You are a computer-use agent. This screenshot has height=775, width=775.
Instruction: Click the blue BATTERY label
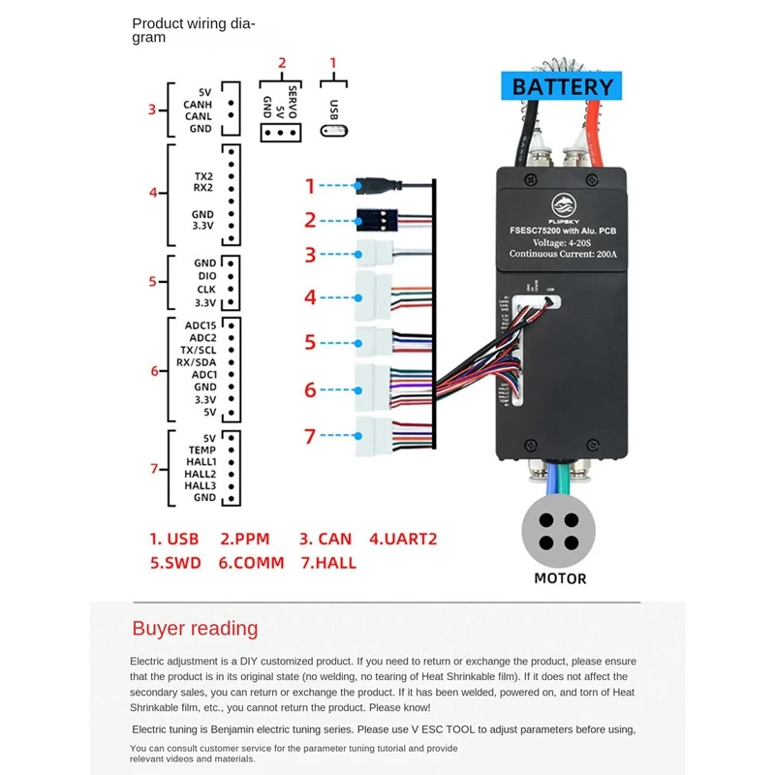(x=564, y=86)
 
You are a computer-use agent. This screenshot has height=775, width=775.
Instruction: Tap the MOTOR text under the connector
(x=560, y=578)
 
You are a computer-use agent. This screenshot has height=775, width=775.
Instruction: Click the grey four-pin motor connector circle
(x=560, y=531)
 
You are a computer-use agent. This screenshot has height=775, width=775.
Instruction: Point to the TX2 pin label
(x=203, y=177)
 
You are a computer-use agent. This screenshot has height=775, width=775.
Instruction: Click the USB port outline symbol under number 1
(x=334, y=131)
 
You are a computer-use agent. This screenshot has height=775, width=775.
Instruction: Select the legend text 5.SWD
(x=174, y=562)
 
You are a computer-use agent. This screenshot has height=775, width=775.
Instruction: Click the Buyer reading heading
(x=195, y=628)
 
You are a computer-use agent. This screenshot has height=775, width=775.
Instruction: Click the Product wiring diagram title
(x=194, y=31)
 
